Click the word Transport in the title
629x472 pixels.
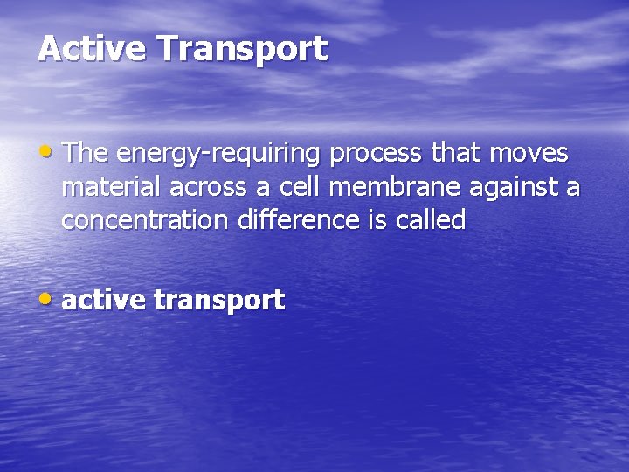242,50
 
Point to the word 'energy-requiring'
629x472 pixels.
218,156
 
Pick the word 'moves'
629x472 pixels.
529,155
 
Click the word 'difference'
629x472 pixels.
297,220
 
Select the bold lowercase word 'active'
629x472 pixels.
103,301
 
